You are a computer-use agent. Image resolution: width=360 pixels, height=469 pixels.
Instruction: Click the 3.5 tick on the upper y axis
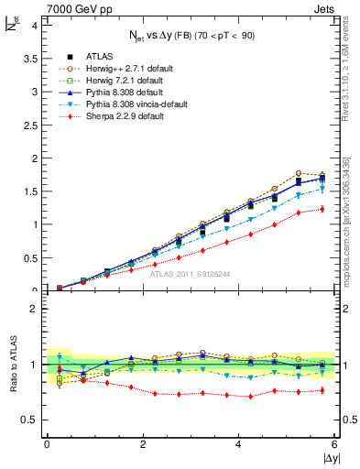click(x=28, y=58)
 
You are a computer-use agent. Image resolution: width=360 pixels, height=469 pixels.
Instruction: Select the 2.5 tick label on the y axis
click(x=28, y=125)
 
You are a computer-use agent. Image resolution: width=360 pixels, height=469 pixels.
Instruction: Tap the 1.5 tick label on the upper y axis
click(x=28, y=191)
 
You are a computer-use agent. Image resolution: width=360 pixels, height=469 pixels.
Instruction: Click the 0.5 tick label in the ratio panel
click(x=28, y=420)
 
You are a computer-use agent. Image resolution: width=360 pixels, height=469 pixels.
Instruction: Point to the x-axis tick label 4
click(x=238, y=443)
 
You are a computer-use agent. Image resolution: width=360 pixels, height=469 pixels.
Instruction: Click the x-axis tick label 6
click(x=334, y=443)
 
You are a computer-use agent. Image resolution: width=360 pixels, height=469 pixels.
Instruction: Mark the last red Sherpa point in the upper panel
click(x=322, y=209)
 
